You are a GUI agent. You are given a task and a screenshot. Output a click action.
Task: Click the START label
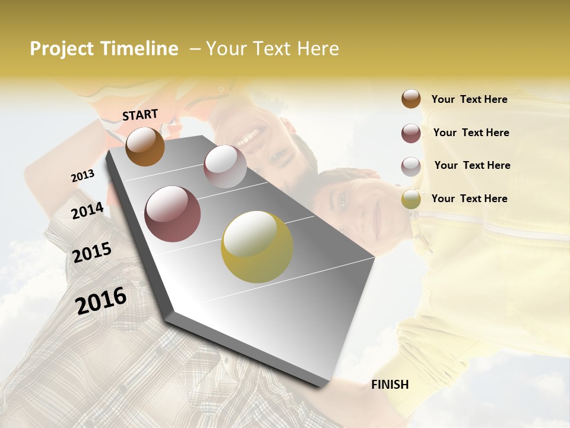point(140,115)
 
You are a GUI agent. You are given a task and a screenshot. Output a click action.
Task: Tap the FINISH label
point(389,385)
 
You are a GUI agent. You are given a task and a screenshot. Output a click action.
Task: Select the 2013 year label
point(83,175)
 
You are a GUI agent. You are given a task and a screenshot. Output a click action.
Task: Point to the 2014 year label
point(87,211)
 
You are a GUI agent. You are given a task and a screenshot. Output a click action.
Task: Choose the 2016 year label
point(101,300)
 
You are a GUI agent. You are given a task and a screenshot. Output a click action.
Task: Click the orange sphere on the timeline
point(145,146)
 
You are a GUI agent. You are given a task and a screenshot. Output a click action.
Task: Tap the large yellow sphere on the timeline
point(256,247)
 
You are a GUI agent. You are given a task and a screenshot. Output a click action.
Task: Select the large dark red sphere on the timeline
point(172,214)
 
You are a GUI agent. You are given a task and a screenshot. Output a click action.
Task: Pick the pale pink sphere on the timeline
point(224,166)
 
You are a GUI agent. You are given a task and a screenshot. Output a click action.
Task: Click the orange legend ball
point(411,99)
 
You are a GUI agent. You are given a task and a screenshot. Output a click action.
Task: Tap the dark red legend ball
point(411,133)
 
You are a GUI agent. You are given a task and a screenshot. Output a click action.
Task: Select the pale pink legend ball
point(411,166)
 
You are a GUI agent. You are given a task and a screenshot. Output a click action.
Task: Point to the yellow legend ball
point(411,199)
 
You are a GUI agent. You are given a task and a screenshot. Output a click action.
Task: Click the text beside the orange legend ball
point(469,99)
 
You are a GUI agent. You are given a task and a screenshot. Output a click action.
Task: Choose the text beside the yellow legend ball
point(469,199)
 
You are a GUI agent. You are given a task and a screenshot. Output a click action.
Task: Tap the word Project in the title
point(61,49)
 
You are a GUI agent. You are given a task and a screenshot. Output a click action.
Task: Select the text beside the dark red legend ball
point(471,133)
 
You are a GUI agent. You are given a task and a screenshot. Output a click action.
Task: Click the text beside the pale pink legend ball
point(472,165)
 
